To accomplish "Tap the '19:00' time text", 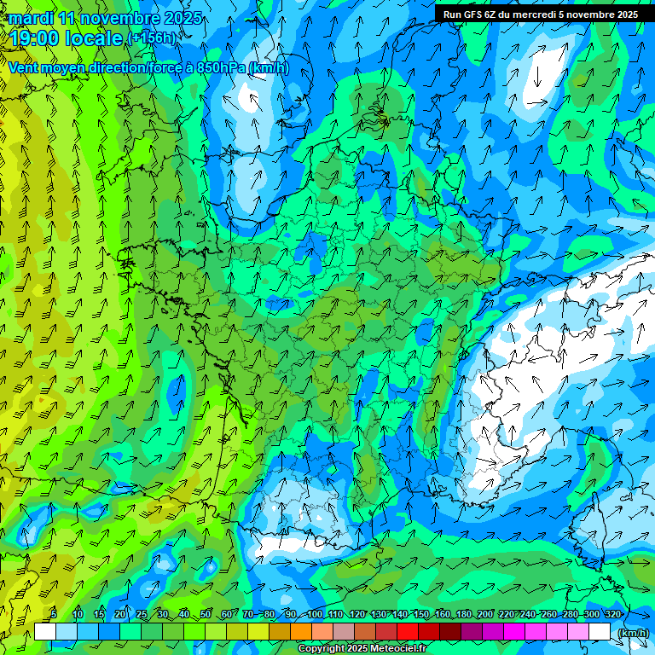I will pyautogui.click(x=33, y=38).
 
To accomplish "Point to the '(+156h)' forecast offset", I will pyautogui.click(x=152, y=38).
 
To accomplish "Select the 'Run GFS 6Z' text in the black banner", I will pyautogui.click(x=472, y=14).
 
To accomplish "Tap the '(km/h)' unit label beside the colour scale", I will pyautogui.click(x=632, y=633).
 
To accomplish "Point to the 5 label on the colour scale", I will pyautogui.click(x=54, y=614).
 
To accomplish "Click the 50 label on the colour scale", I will pyautogui.click(x=206, y=614).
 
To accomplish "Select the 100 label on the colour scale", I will pyautogui.click(x=315, y=614).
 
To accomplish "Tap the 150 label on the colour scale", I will pyautogui.click(x=421, y=614).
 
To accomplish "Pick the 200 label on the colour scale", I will pyautogui.click(x=485, y=614).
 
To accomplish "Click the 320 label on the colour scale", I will pyautogui.click(x=613, y=614).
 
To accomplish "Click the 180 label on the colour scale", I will pyautogui.click(x=464, y=614).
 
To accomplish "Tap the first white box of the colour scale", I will pyautogui.click(x=45, y=631).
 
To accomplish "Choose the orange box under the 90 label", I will pyautogui.click(x=300, y=631).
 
